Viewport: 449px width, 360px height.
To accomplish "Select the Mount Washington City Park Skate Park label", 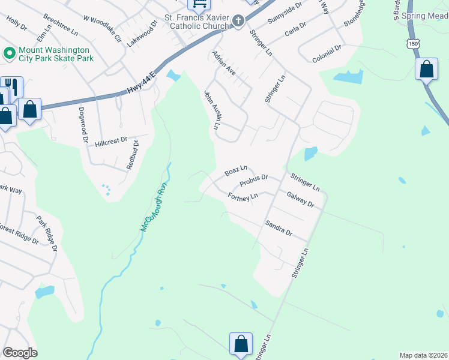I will tap(55, 54).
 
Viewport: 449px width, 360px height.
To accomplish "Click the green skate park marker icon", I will tap(9, 53).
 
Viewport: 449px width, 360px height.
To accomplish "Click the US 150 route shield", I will tap(412, 44).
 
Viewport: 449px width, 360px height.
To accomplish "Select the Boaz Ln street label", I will tap(236, 172).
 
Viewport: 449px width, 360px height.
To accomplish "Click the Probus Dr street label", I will tap(253, 180).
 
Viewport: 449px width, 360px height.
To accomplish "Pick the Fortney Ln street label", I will tap(243, 196).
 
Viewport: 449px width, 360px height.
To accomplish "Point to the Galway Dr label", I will tap(300, 199).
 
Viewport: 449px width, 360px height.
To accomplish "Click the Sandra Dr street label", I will tap(279, 228).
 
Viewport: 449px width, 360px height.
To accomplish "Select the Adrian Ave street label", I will tap(224, 62).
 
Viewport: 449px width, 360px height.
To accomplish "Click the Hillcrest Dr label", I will tap(111, 140).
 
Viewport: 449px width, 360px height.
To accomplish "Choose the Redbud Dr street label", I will tap(133, 155).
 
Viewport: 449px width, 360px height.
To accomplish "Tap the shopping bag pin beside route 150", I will tap(426, 69).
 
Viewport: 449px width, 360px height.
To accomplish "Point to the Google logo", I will tap(20, 353).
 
